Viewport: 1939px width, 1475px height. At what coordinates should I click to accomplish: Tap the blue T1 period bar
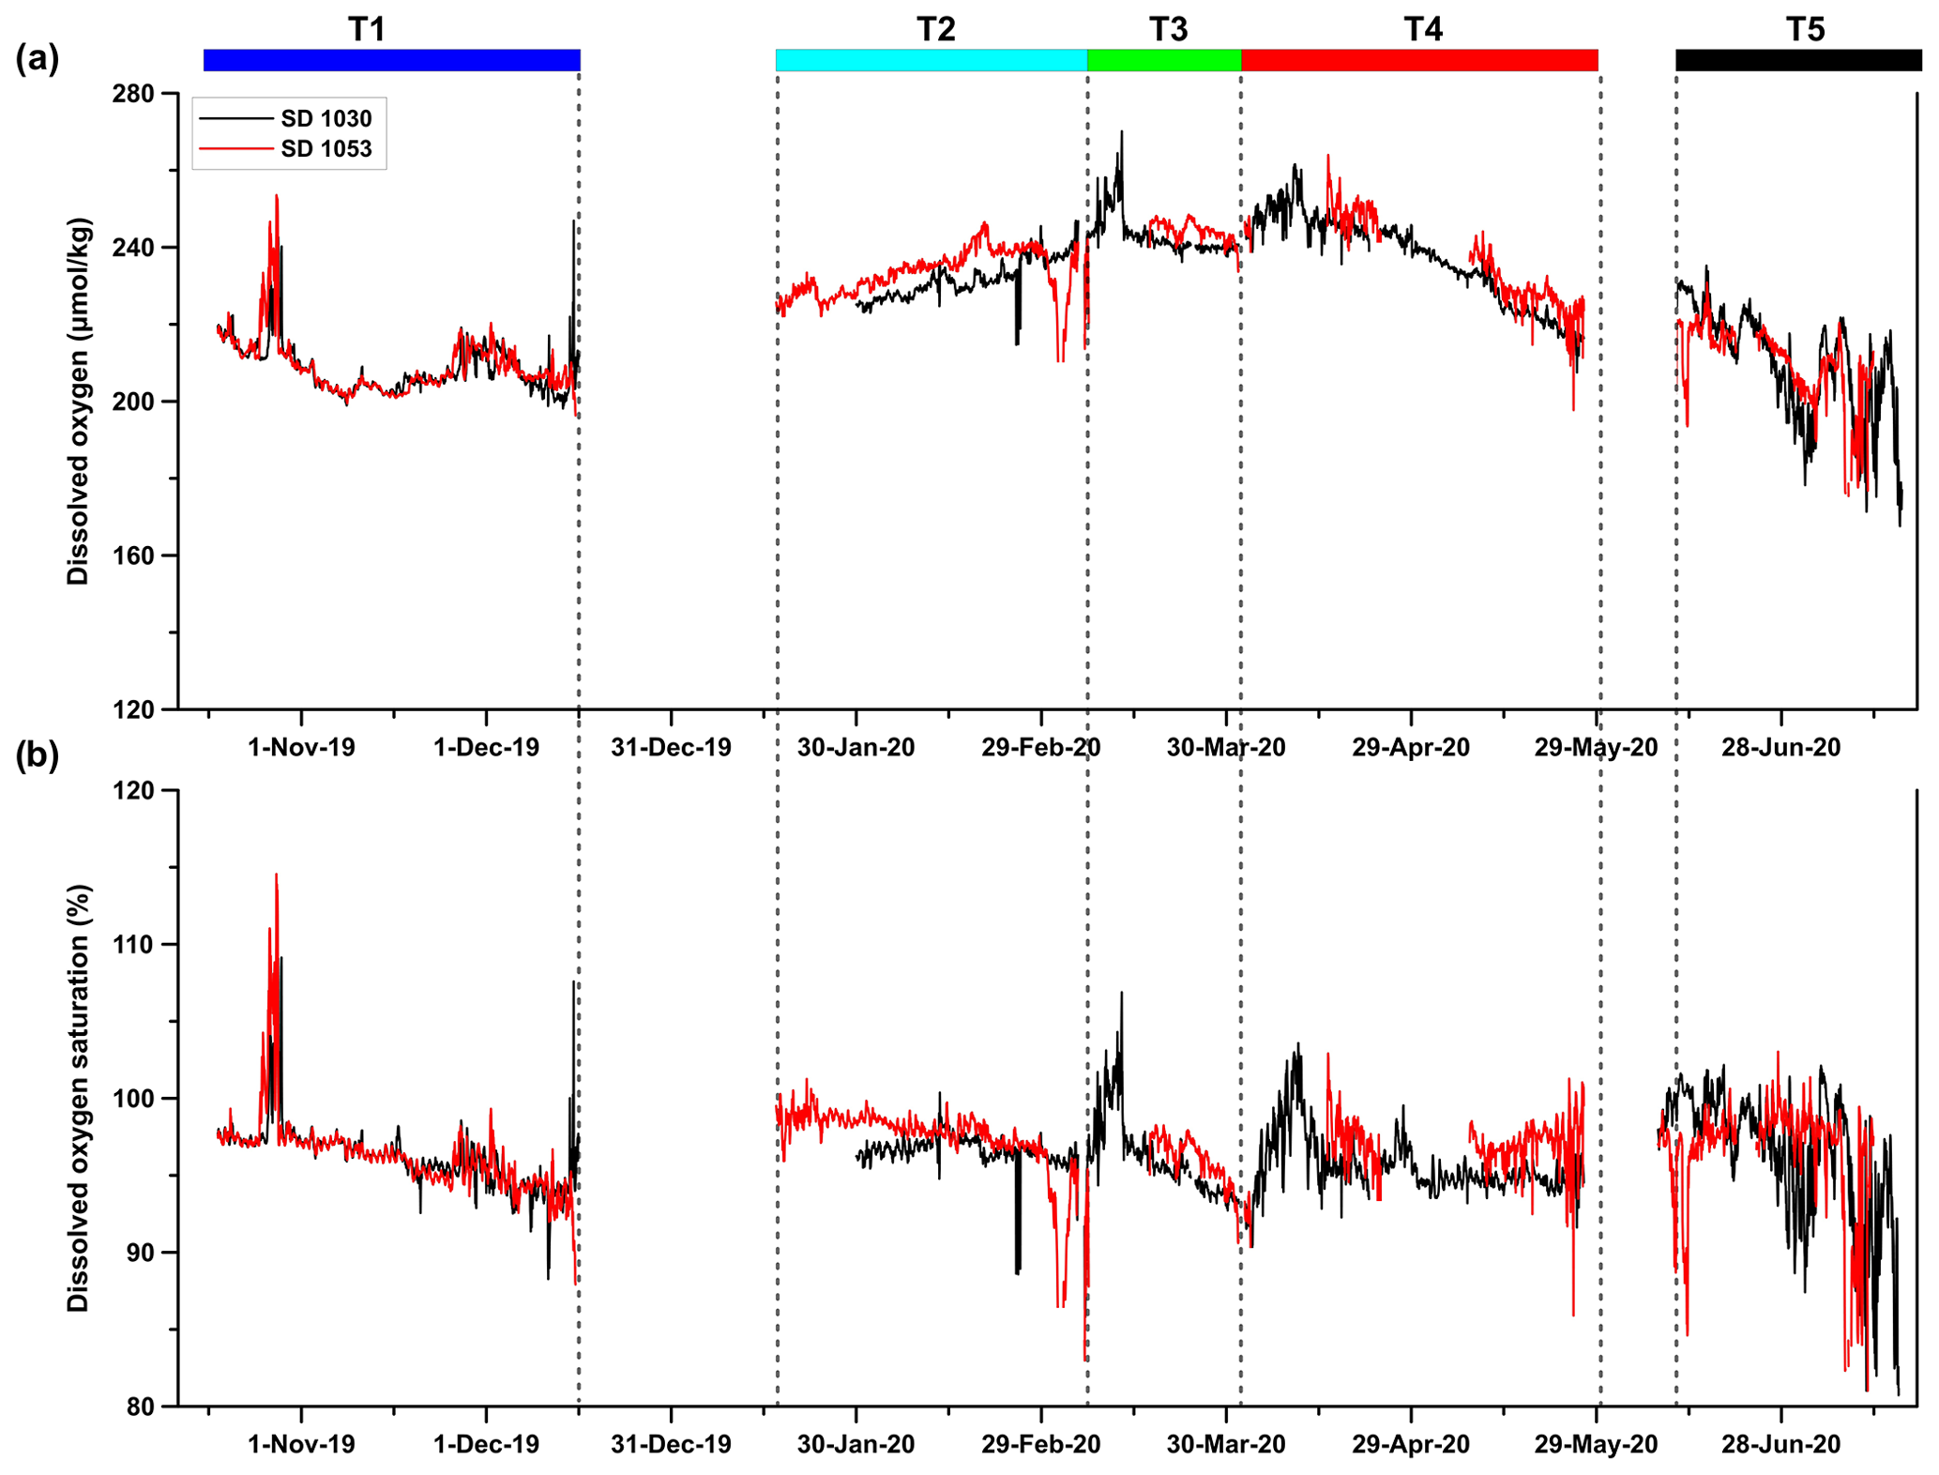[391, 60]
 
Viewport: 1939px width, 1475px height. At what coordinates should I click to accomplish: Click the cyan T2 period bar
[931, 60]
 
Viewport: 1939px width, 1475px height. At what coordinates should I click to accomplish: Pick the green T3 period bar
[1163, 60]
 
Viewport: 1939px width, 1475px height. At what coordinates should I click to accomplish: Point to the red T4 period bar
[1418, 60]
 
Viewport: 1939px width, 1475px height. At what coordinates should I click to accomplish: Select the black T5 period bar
[1797, 60]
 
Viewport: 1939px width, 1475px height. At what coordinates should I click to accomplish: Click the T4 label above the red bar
[1423, 30]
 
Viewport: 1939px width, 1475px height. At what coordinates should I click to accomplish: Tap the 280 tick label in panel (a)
[133, 95]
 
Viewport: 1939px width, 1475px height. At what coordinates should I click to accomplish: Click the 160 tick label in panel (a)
[133, 556]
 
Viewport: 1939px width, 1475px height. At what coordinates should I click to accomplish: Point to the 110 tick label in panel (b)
[133, 945]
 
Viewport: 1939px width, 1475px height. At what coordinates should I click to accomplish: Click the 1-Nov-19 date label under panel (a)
[301, 748]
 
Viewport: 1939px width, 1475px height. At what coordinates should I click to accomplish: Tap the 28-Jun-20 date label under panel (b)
[1780, 1444]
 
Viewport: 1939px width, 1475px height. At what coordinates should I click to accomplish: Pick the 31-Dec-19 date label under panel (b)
[671, 1444]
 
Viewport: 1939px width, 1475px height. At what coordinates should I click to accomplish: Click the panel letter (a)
[37, 59]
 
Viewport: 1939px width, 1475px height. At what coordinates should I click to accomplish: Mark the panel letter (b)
[37, 755]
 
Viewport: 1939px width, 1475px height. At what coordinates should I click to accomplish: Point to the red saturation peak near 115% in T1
[276, 875]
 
